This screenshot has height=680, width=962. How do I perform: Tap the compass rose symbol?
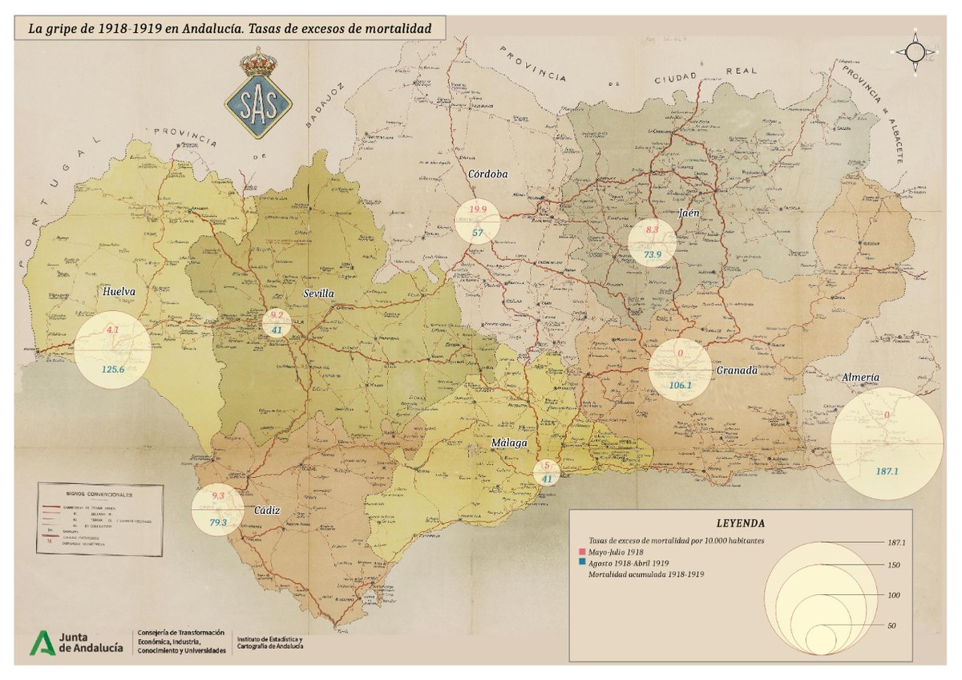915,51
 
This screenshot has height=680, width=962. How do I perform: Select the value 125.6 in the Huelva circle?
112,370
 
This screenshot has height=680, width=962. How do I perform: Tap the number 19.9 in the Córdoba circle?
478,210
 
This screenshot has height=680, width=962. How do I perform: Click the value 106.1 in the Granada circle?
680,385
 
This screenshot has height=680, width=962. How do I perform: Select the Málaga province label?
510,443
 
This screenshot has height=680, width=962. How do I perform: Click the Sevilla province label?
317,294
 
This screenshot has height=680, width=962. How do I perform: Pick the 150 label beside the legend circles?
895,565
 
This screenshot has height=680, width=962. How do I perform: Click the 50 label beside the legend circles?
892,625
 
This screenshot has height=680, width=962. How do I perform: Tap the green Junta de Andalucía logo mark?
42,643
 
